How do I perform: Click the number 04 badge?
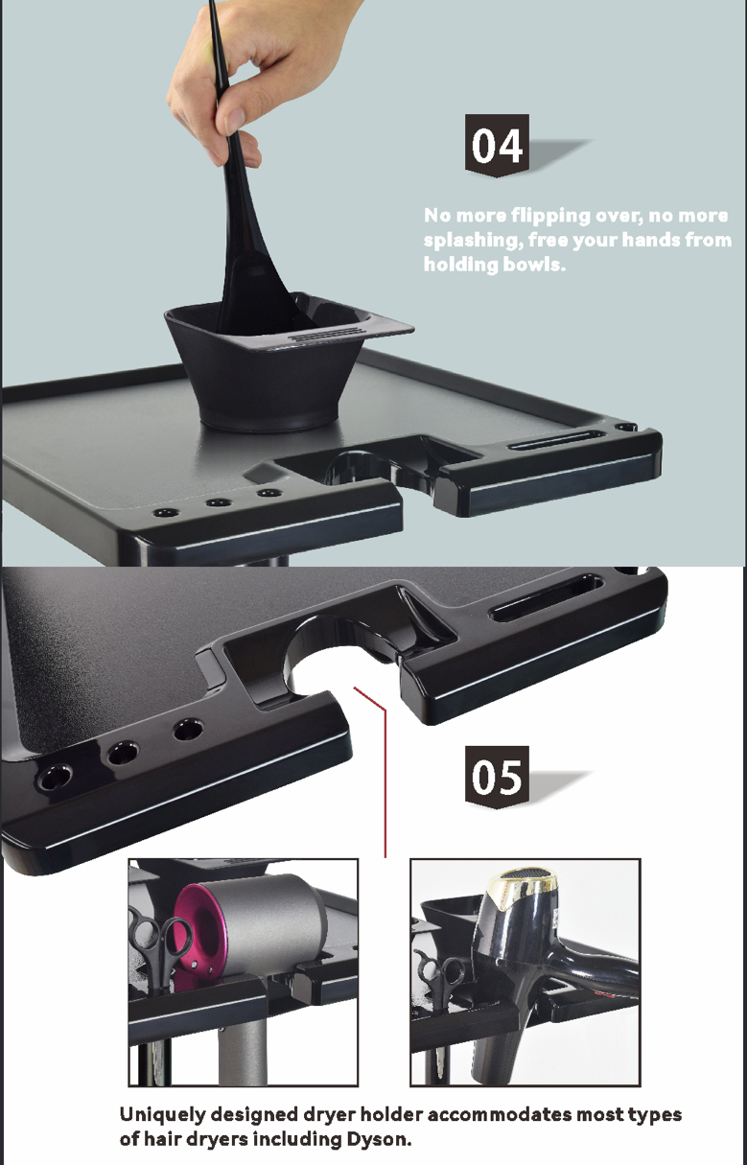point(498,146)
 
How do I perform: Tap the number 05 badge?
point(498,776)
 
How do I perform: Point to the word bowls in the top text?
point(534,264)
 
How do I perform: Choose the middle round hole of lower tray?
point(123,753)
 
